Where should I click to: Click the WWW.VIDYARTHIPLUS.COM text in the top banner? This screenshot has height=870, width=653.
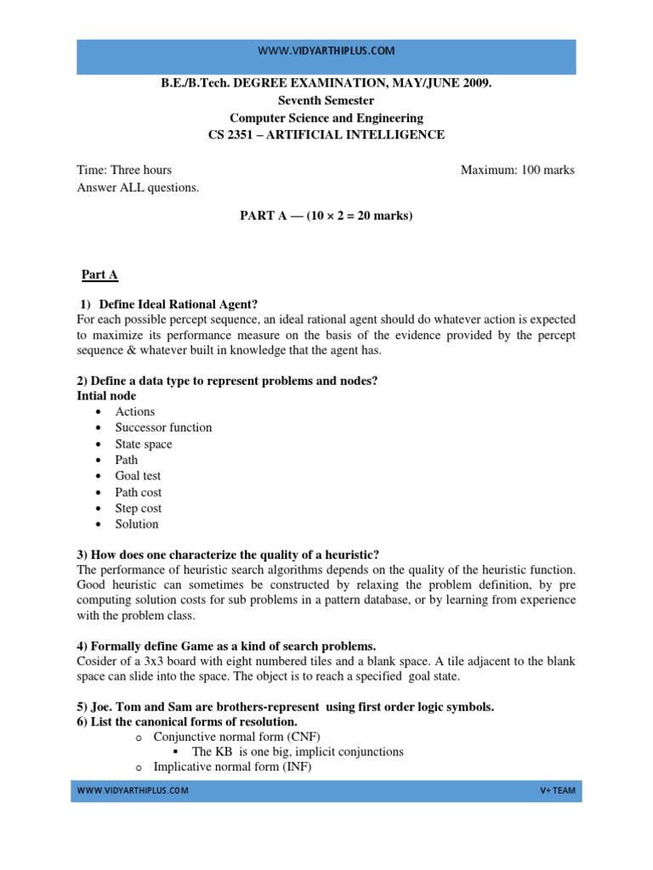[326, 51]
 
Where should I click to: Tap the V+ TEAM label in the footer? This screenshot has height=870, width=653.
[558, 791]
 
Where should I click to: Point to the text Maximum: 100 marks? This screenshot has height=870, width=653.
[517, 170]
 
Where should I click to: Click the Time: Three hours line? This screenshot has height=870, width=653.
[124, 170]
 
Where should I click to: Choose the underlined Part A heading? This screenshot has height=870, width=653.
[99, 274]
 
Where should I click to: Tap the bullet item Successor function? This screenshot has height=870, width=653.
[163, 427]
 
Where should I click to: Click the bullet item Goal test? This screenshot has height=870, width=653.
[138, 476]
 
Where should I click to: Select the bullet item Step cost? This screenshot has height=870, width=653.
[139, 508]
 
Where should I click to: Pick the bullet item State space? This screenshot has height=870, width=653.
[144, 443]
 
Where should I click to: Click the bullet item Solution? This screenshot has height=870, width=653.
[137, 524]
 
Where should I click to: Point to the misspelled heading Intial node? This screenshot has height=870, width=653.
[106, 396]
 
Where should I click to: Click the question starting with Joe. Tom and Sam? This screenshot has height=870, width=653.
[285, 707]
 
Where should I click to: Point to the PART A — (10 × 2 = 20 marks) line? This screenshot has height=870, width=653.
[326, 216]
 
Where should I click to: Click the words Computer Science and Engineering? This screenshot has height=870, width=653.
[326, 118]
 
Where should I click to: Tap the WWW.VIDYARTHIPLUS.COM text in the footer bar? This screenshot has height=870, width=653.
[133, 791]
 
